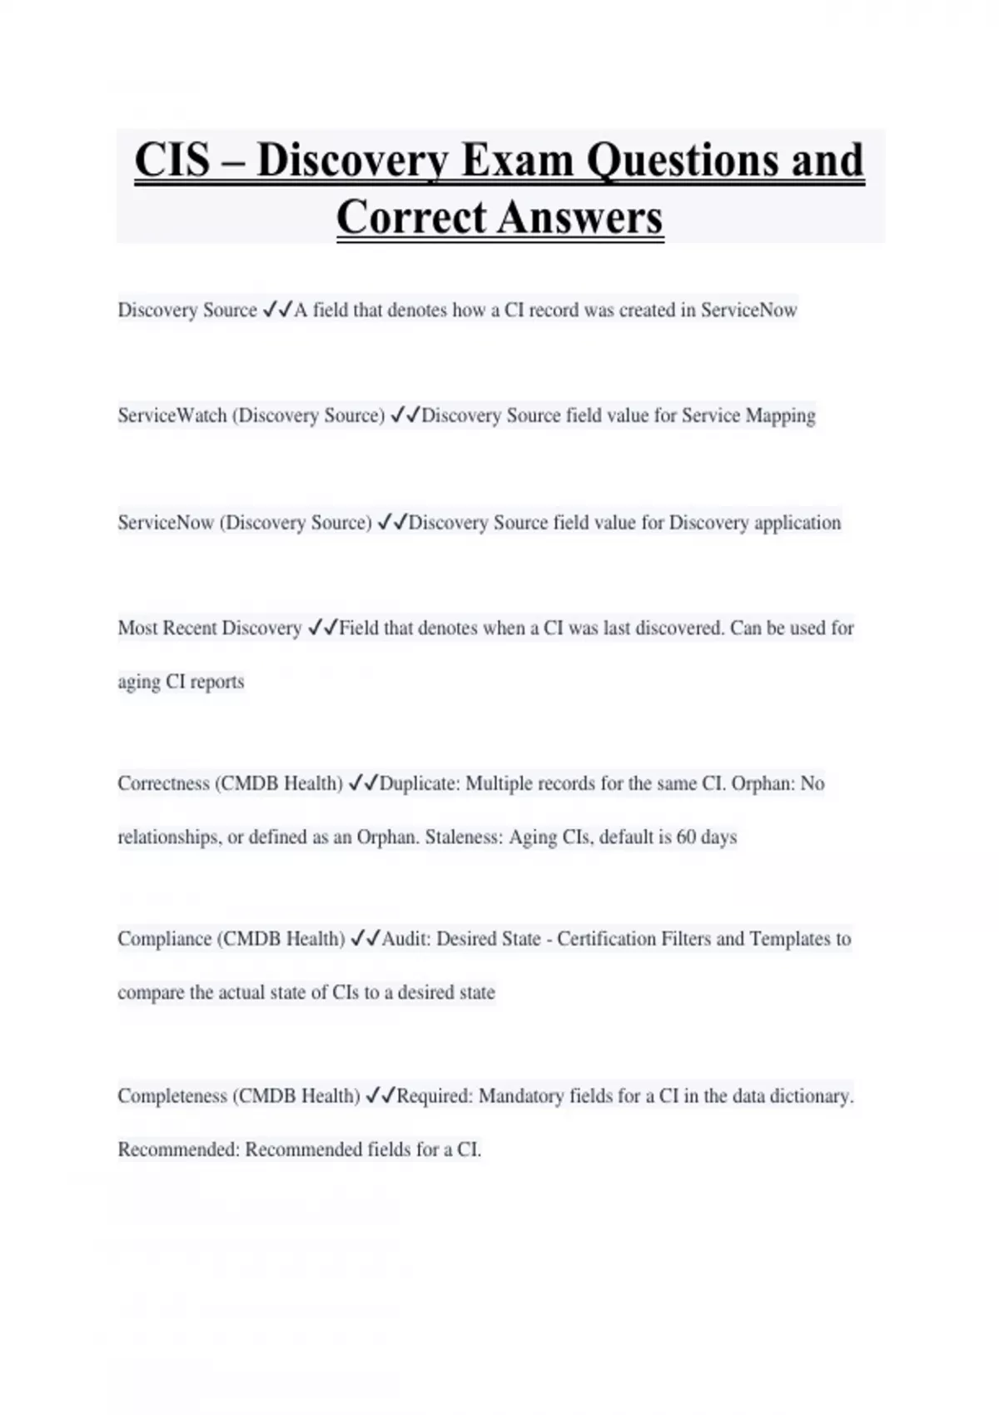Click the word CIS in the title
[172, 160]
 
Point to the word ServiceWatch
[172, 415]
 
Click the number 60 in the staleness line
[686, 837]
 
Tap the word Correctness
[163, 783]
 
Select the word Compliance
[165, 939]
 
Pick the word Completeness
[172, 1095]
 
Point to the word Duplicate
[419, 783]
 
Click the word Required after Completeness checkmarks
[434, 1095]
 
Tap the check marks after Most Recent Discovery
[321, 628]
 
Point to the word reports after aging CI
[216, 682]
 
